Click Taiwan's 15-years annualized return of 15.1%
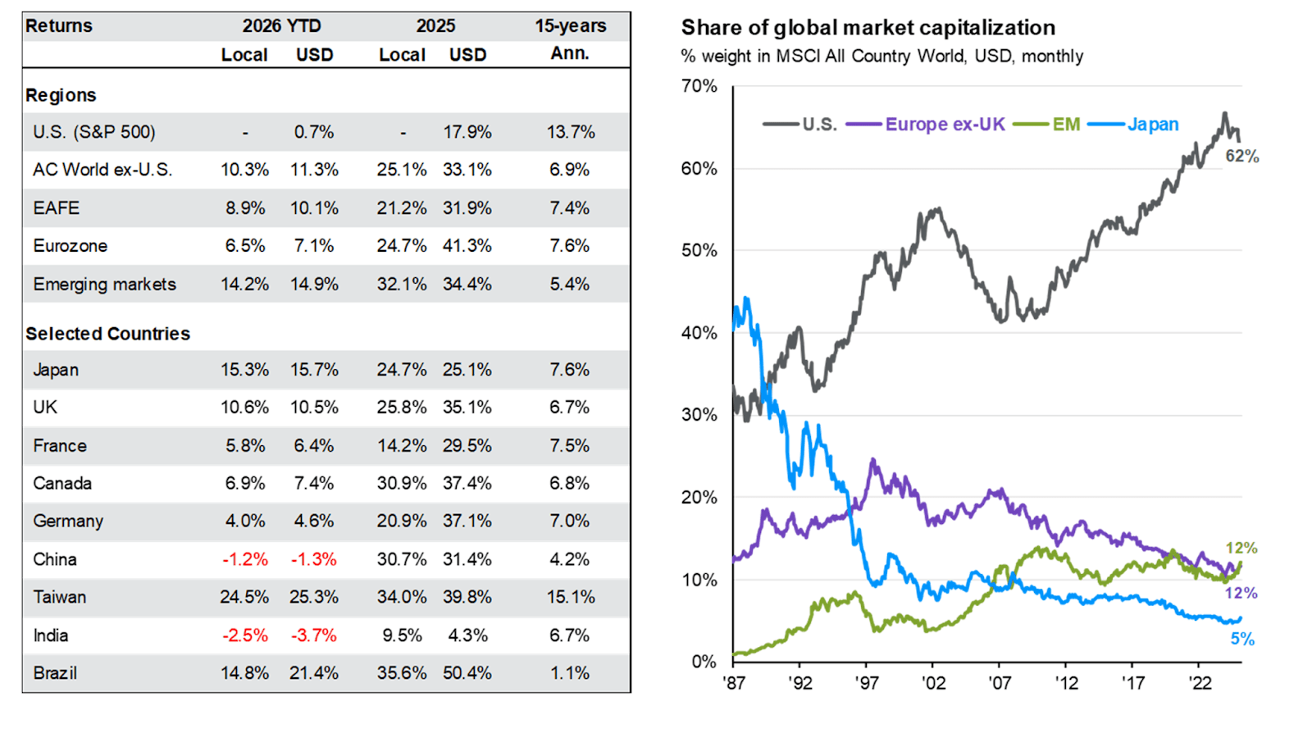[x=570, y=597]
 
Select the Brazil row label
[x=55, y=673]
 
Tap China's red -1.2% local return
[x=244, y=559]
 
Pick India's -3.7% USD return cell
[x=313, y=635]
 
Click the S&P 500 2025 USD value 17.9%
[x=467, y=132]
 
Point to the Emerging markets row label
[x=104, y=285]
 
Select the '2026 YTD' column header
[x=281, y=26]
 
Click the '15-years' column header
[x=570, y=26]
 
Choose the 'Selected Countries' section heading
[x=107, y=334]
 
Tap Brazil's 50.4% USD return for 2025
[x=467, y=673]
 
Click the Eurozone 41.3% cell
[x=467, y=246]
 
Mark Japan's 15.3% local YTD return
[x=244, y=370]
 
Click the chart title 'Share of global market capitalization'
[x=868, y=28]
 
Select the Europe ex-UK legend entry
[x=944, y=125]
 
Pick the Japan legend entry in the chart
[x=1152, y=125]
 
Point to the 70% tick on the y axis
[x=699, y=86]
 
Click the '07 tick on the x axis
[x=999, y=683]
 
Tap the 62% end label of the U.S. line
[x=1241, y=156]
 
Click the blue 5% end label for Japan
[x=1242, y=640]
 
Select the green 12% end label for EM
[x=1241, y=548]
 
